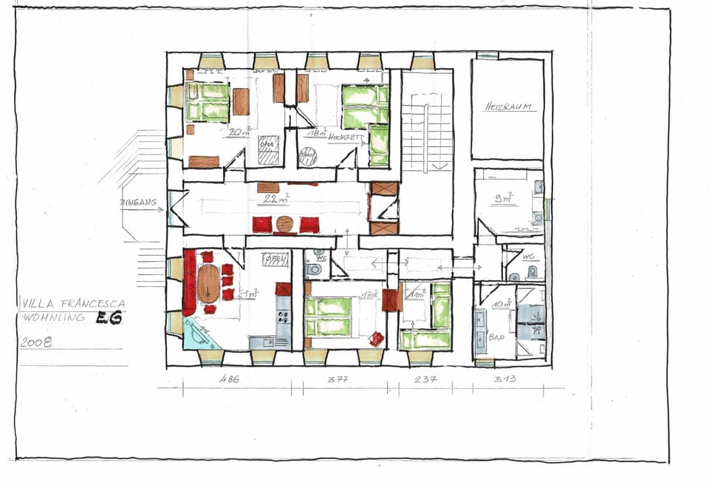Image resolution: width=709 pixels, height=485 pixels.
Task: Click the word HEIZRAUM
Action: click(x=510, y=107)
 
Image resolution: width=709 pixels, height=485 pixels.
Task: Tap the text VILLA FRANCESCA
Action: click(x=73, y=303)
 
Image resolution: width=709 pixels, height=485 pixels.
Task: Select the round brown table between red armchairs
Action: click(x=285, y=224)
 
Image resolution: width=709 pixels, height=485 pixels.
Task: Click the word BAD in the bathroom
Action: click(x=497, y=337)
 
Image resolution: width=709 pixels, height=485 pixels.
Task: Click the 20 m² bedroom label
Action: click(x=240, y=132)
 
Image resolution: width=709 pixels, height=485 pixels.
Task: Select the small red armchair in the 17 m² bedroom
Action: click(x=376, y=338)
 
